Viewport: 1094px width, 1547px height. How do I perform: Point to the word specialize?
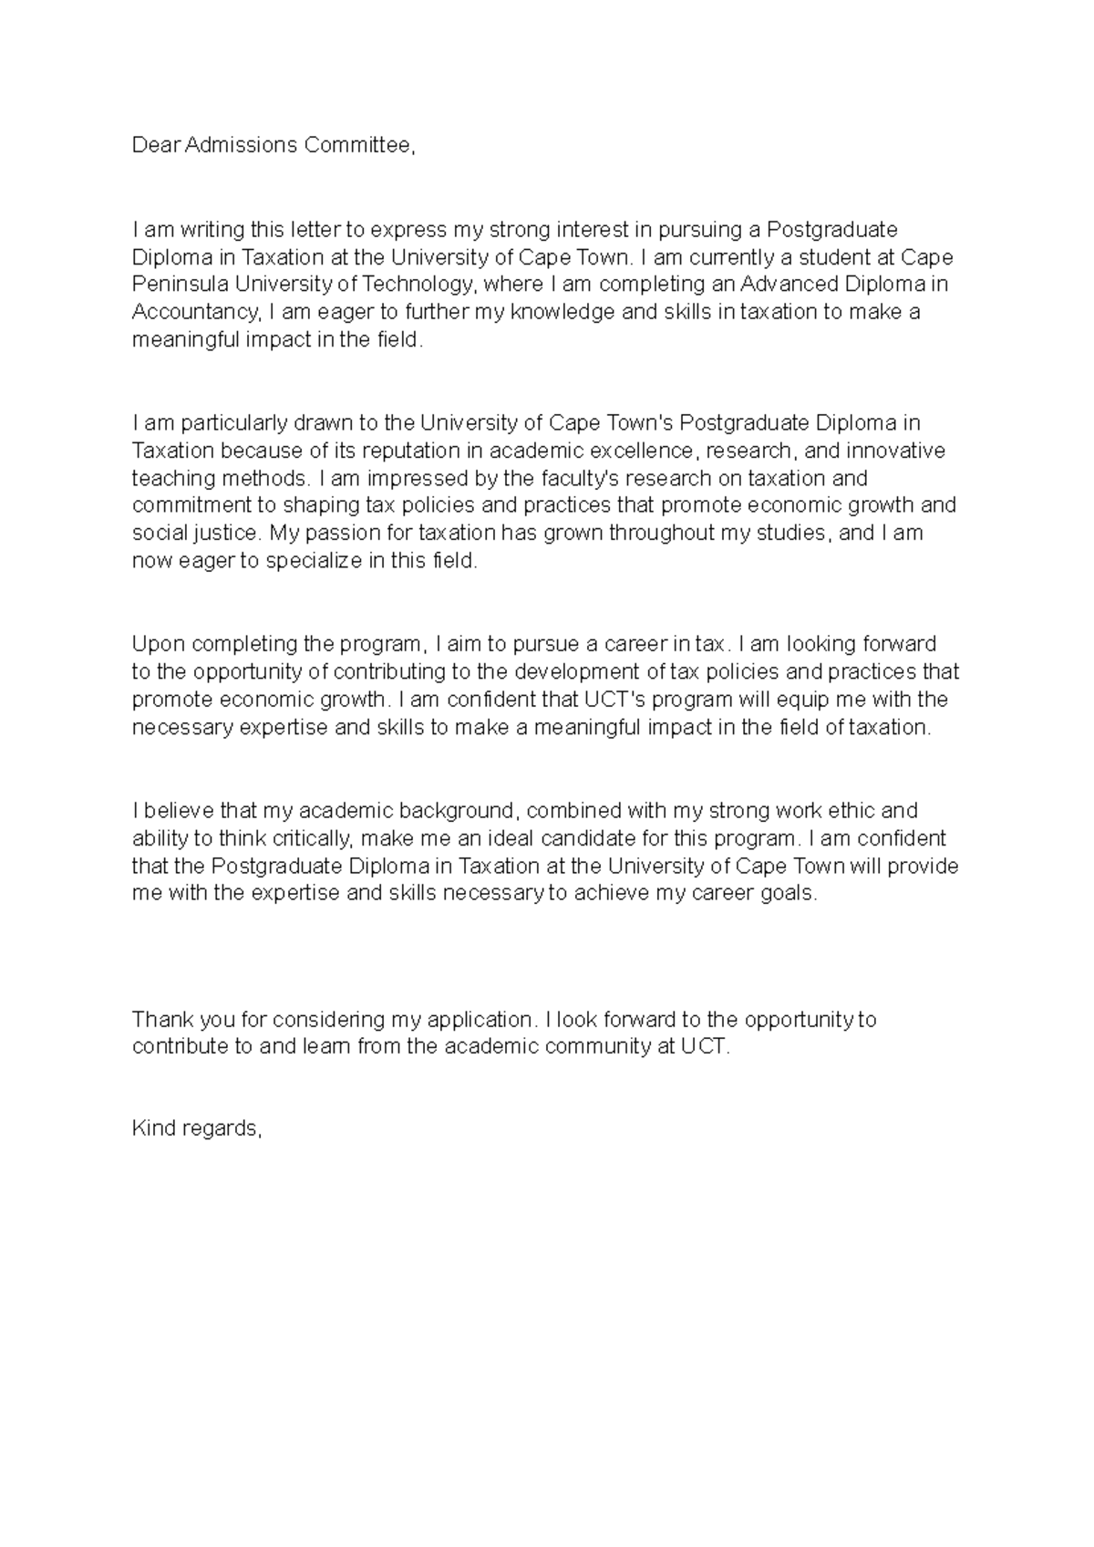tap(314, 561)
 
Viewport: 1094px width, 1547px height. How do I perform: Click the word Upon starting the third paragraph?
tap(159, 644)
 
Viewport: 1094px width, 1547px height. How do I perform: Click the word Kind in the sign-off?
tap(154, 1128)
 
